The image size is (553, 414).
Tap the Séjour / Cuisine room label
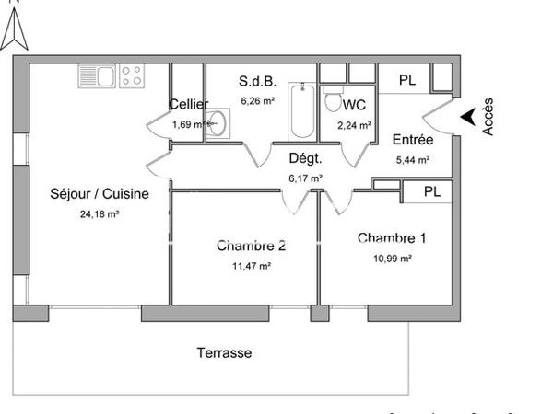100,194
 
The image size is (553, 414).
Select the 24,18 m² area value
100,214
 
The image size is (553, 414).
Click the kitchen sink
96,75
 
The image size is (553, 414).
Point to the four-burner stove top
131,75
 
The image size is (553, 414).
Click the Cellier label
189,104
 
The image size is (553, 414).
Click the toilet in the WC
334,100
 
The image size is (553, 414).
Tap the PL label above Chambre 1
430,192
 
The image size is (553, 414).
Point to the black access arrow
468,116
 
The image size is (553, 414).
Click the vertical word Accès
488,118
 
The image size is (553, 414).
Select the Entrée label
412,140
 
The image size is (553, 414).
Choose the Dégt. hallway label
305,157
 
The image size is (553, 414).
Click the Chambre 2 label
251,246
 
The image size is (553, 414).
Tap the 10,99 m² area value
392,259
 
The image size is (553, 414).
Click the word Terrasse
224,352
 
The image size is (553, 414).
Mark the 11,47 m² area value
251,266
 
